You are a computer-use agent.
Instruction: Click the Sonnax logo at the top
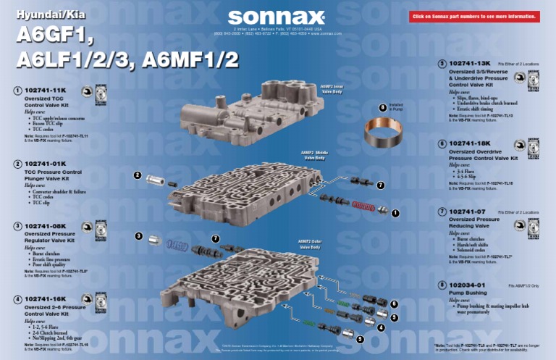[277, 16]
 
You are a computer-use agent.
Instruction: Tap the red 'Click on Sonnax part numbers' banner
[474, 16]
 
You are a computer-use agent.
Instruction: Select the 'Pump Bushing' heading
[469, 294]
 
